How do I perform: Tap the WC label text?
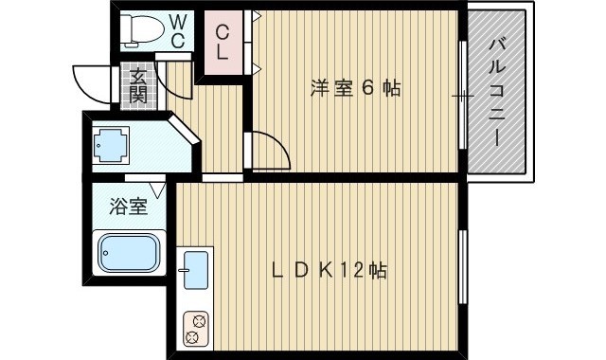click(x=178, y=30)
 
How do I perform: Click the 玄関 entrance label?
click(x=138, y=86)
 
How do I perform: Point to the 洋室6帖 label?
click(x=356, y=88)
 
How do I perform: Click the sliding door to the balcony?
click(x=462, y=95)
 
